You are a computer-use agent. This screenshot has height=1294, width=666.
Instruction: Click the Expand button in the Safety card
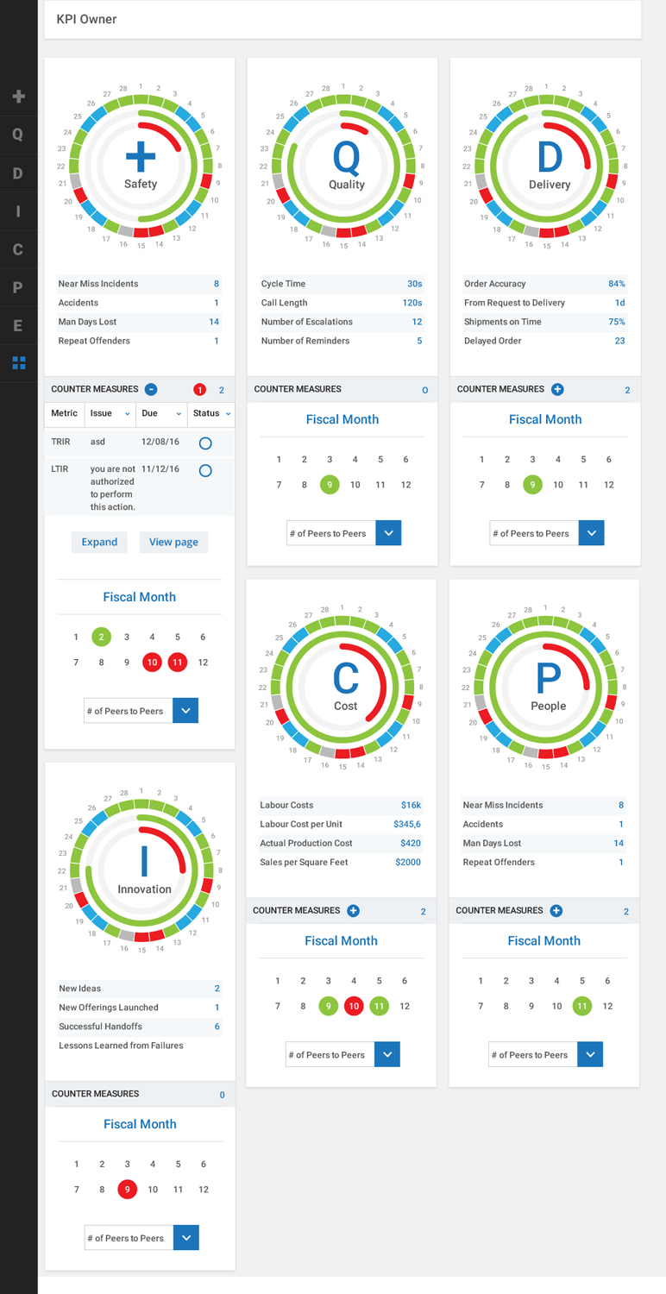(x=99, y=542)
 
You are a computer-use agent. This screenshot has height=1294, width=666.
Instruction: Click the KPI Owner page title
(x=86, y=19)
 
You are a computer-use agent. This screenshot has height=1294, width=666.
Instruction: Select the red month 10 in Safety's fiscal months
(x=152, y=663)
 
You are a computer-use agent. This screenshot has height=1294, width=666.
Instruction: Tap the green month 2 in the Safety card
(x=101, y=637)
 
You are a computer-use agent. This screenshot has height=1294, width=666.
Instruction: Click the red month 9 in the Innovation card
(x=128, y=1190)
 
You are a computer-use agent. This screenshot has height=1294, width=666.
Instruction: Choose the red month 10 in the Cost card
(x=354, y=1006)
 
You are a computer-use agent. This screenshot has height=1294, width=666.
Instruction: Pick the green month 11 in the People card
(x=582, y=1006)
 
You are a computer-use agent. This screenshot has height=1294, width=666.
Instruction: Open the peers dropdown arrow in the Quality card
(x=388, y=533)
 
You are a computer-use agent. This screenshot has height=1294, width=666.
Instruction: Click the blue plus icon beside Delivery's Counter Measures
(x=557, y=389)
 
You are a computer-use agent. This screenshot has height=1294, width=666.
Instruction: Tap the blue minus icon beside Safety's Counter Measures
(x=151, y=389)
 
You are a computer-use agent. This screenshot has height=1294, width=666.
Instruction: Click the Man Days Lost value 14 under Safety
(x=214, y=322)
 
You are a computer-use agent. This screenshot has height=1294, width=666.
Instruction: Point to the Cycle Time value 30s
(x=414, y=284)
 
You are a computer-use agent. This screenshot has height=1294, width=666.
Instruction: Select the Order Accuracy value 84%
(x=616, y=284)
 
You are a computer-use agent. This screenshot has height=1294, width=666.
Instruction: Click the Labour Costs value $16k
(x=411, y=805)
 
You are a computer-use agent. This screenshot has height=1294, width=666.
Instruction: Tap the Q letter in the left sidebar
(x=17, y=135)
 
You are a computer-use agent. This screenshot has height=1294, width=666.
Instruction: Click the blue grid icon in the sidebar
(x=19, y=363)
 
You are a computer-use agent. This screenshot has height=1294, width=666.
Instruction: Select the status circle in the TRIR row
(x=205, y=443)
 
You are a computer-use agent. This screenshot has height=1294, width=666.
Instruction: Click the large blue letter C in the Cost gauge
(x=345, y=678)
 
